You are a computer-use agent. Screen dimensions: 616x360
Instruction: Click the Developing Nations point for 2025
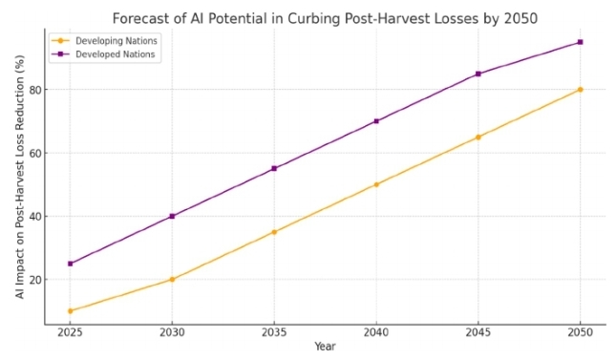pyautogui.click(x=71, y=311)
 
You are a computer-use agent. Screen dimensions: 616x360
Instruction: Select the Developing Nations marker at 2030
pyautogui.click(x=172, y=280)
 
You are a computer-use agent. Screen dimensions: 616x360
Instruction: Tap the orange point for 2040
pyautogui.click(x=376, y=184)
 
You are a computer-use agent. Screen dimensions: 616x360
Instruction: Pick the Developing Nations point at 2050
pyautogui.click(x=580, y=90)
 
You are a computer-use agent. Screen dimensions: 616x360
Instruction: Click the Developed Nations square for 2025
pyautogui.click(x=71, y=264)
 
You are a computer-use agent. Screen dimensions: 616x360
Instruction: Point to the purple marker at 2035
pyautogui.click(x=274, y=169)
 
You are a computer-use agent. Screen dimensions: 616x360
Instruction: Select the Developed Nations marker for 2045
pyautogui.click(x=478, y=74)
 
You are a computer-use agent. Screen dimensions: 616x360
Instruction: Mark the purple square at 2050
pyautogui.click(x=580, y=42)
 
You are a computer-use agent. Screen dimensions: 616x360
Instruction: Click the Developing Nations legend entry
pyautogui.click(x=104, y=41)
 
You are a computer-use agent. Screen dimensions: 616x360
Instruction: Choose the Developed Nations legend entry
pyautogui.click(x=103, y=54)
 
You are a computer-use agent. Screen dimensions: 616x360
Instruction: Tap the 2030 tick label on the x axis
pyautogui.click(x=172, y=332)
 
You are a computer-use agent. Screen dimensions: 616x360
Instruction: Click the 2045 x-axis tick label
pyautogui.click(x=478, y=332)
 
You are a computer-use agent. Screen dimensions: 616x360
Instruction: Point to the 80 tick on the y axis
pyautogui.click(x=35, y=90)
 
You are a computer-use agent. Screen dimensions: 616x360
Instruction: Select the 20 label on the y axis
pyautogui.click(x=35, y=280)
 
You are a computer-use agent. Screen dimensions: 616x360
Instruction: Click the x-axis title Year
pyautogui.click(x=325, y=347)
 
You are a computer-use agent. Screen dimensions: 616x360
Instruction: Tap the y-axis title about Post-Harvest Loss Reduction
pyautogui.click(x=20, y=177)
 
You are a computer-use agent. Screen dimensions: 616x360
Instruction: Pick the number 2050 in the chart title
pyautogui.click(x=520, y=18)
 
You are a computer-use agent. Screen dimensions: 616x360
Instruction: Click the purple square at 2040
pyautogui.click(x=376, y=121)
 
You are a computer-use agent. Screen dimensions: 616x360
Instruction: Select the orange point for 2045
pyautogui.click(x=478, y=138)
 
